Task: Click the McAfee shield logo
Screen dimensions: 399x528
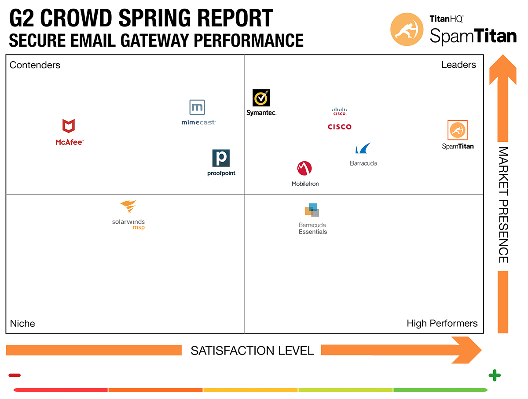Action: coord(68,126)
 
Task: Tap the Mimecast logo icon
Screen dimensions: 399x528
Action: coord(197,107)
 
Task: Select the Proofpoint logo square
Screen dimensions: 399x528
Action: coord(221,158)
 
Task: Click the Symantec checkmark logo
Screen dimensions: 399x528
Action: coord(261,98)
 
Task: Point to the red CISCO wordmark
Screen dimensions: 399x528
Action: coord(339,127)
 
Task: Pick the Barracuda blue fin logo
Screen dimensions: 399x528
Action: coord(363,148)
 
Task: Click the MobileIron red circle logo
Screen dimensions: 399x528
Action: coord(304,168)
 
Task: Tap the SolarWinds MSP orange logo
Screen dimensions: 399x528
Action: coord(128,207)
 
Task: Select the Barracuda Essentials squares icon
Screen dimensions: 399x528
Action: coord(312,210)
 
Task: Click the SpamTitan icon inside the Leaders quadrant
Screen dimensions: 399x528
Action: coord(458,130)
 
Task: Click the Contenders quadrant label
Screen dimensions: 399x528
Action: coord(35,65)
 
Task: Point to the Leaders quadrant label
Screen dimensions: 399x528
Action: coord(458,65)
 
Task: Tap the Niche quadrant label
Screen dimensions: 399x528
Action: coord(22,323)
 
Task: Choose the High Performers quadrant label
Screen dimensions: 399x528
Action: coord(442,323)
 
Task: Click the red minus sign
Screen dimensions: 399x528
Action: coord(15,375)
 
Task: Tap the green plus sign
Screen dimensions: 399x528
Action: coord(495,376)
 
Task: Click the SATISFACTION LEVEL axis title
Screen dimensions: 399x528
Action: coord(252,351)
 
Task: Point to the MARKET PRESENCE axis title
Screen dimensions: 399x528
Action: coord(503,205)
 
